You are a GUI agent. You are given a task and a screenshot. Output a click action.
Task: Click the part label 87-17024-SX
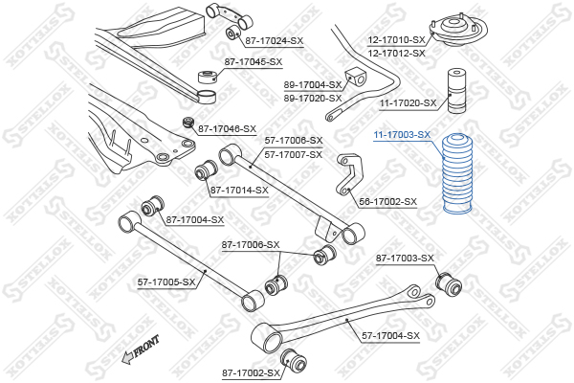(x=274, y=40)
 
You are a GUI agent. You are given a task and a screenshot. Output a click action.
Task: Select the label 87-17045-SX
(x=254, y=62)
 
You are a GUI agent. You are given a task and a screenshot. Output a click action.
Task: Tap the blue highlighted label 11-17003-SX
(x=402, y=135)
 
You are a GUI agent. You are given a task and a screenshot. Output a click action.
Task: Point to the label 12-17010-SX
(x=396, y=40)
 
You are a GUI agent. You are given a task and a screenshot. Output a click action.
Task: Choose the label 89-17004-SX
(x=312, y=85)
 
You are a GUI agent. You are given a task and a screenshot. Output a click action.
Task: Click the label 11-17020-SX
(x=408, y=102)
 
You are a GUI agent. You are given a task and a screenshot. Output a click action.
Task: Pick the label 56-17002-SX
(x=388, y=202)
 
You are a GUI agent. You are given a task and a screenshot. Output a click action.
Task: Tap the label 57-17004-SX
(x=390, y=335)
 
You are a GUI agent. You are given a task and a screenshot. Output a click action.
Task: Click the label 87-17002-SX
(x=251, y=372)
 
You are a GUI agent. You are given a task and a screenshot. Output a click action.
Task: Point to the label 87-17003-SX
(x=405, y=259)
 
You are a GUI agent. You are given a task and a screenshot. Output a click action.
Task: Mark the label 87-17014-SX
(x=239, y=190)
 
